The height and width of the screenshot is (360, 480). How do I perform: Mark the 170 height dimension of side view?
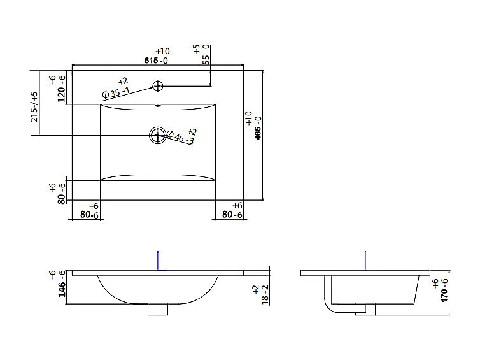coord(444,290)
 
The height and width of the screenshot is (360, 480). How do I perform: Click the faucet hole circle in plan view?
coord(158,85)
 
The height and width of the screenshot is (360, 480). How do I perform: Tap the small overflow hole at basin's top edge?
coord(157,106)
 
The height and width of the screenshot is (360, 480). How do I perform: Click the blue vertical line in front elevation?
coord(157,261)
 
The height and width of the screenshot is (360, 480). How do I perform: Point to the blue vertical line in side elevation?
coord(365,261)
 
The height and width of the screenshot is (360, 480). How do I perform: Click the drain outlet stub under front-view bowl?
coord(157,309)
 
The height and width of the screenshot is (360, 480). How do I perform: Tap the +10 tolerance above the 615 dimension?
coord(162,52)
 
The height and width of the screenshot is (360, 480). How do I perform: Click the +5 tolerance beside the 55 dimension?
coord(197,48)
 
